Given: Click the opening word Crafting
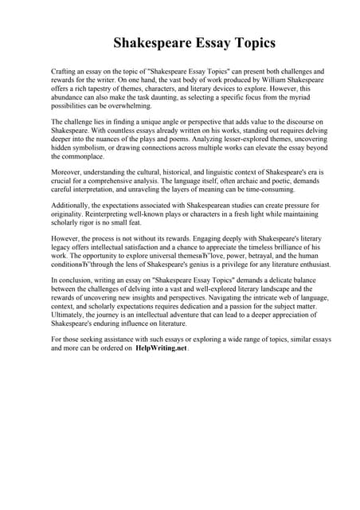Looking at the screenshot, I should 65,71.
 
